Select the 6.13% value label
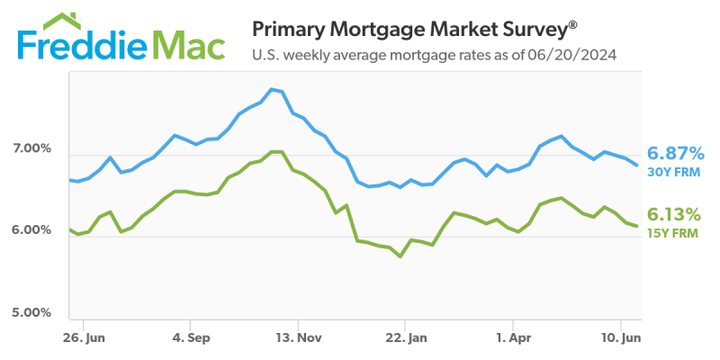674,214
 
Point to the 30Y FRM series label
672,172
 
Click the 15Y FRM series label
671,233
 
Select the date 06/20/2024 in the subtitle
572,57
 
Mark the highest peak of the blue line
271,89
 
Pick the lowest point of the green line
400,256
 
